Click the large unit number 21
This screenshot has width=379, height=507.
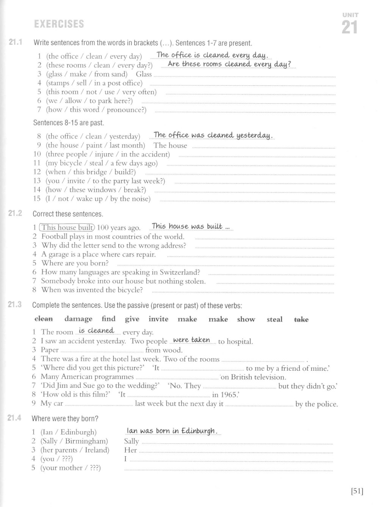[349, 28]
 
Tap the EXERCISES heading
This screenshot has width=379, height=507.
[59, 24]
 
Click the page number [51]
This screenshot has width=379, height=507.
[357, 491]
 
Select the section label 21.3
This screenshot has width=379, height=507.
[14, 304]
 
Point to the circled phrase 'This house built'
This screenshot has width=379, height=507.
[67, 228]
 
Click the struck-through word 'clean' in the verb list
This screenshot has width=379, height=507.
[44, 319]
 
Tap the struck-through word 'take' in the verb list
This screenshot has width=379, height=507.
[301, 320]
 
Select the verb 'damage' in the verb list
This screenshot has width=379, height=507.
[78, 319]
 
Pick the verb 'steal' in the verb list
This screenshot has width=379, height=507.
[274, 320]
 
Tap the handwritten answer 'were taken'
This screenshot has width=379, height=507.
[191, 340]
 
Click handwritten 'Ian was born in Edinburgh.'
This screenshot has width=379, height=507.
[172, 431]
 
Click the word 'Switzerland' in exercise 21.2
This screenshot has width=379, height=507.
[179, 272]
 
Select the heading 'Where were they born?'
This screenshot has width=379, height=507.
[65, 419]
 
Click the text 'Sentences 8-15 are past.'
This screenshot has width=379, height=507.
[69, 123]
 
